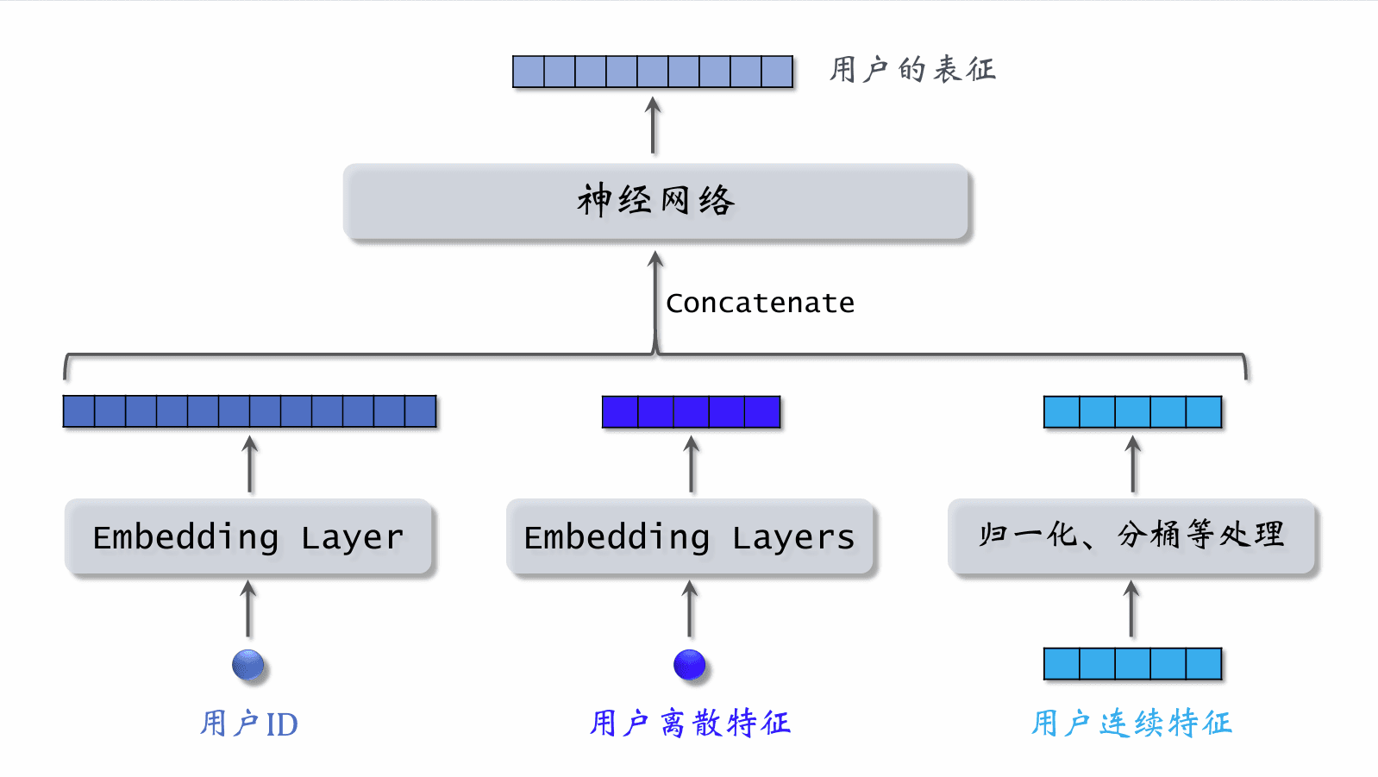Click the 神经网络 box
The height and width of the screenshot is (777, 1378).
tap(656, 201)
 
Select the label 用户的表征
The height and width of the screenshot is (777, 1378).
tap(912, 69)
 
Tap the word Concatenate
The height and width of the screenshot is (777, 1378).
tap(760, 304)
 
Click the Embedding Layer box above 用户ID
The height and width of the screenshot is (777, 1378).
tap(248, 536)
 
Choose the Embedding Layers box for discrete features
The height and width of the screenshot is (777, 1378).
tap(690, 536)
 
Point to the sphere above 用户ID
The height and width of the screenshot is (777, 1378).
tap(248, 665)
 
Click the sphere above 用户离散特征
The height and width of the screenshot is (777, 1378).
tap(690, 665)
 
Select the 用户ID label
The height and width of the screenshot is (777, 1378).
tap(248, 724)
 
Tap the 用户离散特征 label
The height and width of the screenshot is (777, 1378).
tap(690, 723)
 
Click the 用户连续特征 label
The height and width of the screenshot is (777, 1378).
tap(1131, 723)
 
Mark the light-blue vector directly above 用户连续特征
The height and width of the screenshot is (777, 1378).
tap(1132, 664)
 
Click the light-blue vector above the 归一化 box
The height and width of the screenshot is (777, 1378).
tap(1132, 412)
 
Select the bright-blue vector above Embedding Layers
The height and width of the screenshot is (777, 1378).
tap(691, 412)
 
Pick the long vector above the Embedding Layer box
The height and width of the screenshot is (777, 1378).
tap(249, 411)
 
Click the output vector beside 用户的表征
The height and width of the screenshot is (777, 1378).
tap(652, 72)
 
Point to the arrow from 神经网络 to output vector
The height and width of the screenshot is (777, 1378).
tap(654, 126)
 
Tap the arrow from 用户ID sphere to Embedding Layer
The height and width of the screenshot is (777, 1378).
tap(248, 609)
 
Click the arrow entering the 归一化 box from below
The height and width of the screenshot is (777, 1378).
tap(1131, 609)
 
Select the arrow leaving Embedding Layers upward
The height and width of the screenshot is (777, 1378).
tap(692, 464)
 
